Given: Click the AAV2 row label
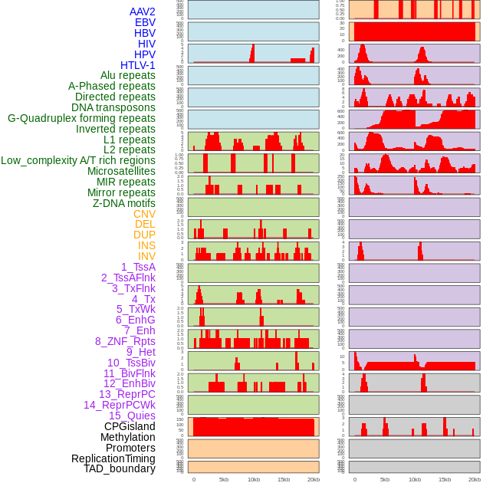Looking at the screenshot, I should [x=142, y=11].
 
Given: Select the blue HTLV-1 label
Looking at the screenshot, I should [x=137, y=65].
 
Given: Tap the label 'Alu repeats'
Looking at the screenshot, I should [x=128, y=75].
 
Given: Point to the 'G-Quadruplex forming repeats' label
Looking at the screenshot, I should [x=81, y=118].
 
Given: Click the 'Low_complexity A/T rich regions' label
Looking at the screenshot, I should [x=78, y=160].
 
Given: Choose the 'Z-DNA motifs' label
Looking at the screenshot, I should [x=124, y=203].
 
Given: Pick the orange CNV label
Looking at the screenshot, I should [x=144, y=214].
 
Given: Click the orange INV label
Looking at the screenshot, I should [x=146, y=256].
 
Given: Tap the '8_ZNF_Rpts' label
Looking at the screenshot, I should [x=125, y=341].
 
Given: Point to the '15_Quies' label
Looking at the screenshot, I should [x=132, y=416].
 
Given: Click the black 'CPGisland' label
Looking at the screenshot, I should [x=130, y=426].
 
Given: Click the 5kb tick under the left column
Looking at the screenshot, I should [x=224, y=479].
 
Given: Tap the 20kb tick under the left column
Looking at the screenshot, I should [x=313, y=479].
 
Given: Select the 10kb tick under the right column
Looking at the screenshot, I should [x=415, y=479].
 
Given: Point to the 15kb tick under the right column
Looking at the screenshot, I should [x=445, y=479].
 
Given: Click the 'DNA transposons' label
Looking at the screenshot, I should [x=113, y=107].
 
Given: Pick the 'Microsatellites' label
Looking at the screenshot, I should [x=121, y=171].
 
